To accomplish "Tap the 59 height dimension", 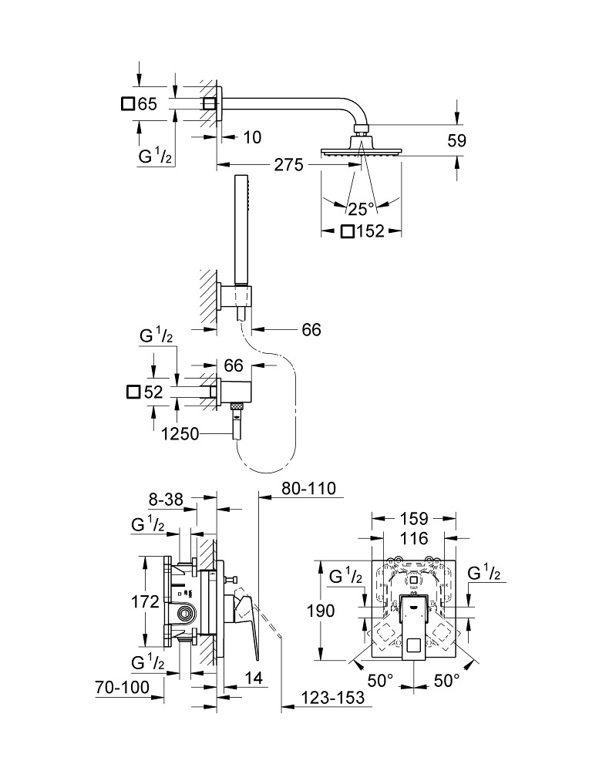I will coord(456,140).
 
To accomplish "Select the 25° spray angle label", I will coord(360,207).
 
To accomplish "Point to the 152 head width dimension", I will coord(370,231).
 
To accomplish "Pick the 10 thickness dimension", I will coord(252,137).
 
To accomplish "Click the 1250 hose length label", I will coord(181,434).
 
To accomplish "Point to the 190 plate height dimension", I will coord(320,611).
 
